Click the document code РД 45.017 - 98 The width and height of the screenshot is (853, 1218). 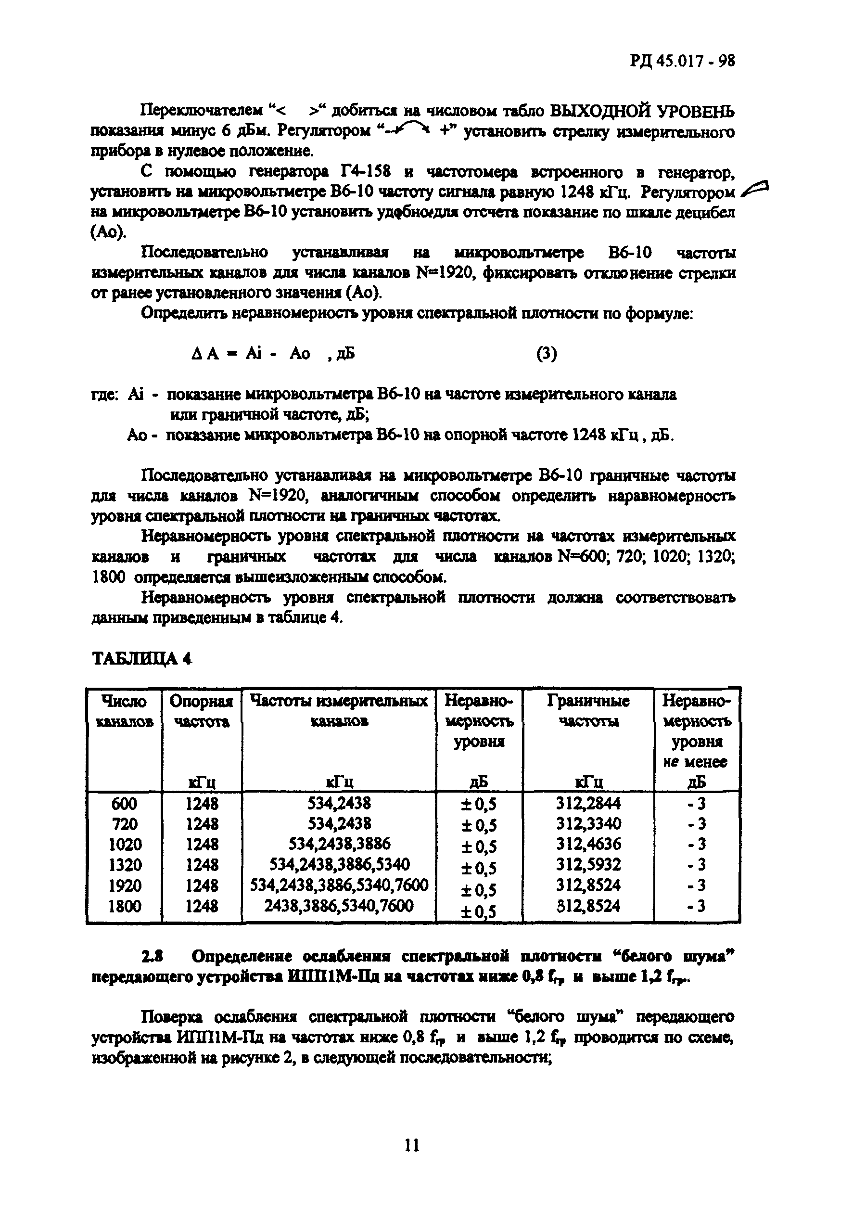pos(682,62)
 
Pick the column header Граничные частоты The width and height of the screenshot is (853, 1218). pos(588,711)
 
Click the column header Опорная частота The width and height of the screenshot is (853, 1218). pos(202,711)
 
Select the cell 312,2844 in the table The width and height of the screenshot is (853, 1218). pos(588,804)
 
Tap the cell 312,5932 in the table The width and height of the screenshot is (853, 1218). pos(588,865)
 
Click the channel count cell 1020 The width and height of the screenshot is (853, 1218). pos(125,845)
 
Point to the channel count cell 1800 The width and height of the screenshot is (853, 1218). pos(125,906)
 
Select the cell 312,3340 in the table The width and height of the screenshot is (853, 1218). pos(588,824)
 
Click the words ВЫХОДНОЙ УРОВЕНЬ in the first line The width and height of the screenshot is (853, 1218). pos(642,111)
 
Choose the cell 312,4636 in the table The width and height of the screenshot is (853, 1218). pos(588,844)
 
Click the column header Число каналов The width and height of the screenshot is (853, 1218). pos(125,711)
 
